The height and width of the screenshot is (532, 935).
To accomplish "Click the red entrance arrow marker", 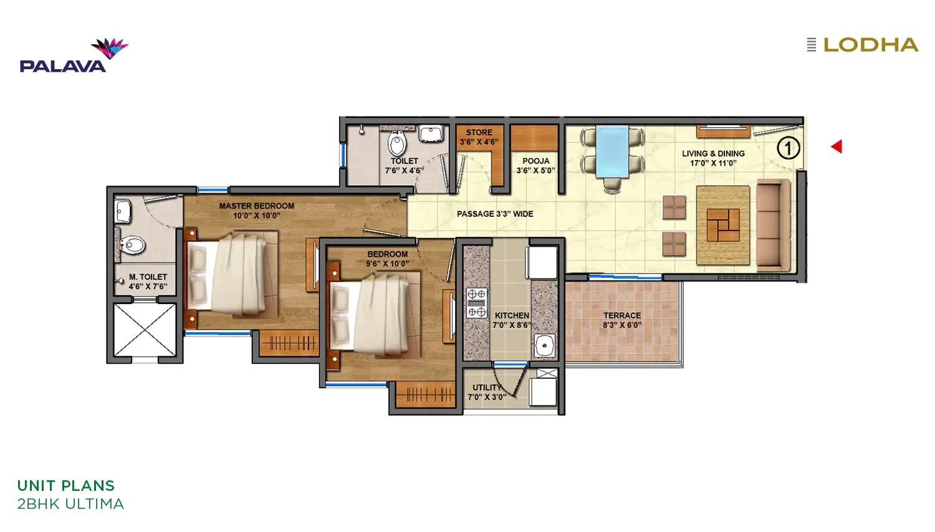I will coord(837,146).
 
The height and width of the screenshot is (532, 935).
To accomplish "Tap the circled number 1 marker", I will coord(788,148).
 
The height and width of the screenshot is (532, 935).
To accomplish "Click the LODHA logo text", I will coord(870,45).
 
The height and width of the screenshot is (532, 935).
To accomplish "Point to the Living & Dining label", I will coord(713,158).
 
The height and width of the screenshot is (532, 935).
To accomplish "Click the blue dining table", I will coord(611,151).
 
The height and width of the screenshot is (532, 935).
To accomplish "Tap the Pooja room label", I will coord(535,166).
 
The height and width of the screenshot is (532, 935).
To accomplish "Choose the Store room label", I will coord(479,137).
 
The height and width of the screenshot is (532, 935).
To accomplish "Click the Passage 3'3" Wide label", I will coord(495,214).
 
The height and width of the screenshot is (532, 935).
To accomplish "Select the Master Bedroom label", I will coord(256,211).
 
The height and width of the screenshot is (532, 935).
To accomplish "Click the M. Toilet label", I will coord(148,282).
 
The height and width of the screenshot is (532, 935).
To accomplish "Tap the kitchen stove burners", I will coord(477,303).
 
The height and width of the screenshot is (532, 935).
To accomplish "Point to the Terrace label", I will coord(621,320).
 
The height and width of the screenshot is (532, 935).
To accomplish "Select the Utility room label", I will coord(487,392).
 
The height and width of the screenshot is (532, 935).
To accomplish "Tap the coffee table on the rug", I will coord(723,225).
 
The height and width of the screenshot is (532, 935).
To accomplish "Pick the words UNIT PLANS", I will coord(66,486).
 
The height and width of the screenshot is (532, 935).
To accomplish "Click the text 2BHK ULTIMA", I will coord(70,504).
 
